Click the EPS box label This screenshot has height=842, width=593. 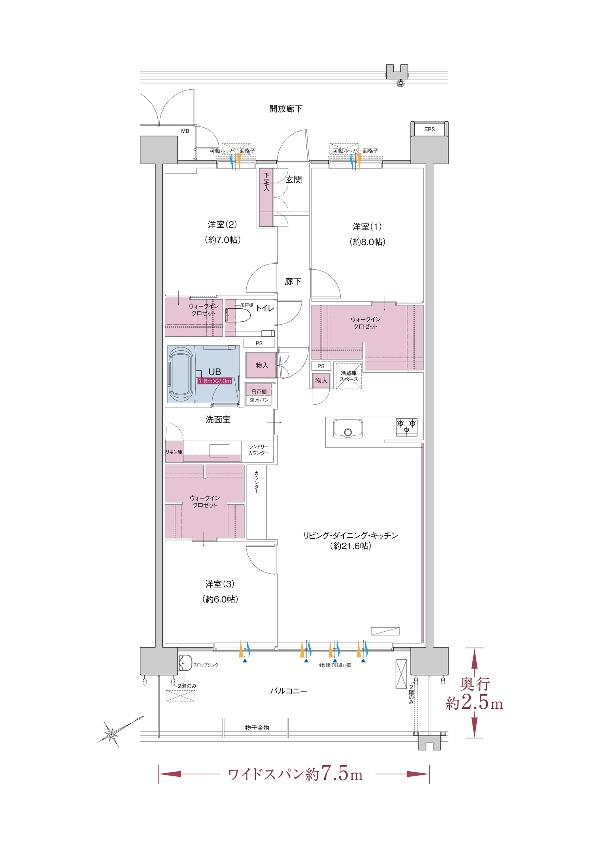429,129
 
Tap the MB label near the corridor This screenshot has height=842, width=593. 185,131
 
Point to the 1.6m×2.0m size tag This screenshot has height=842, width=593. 215,381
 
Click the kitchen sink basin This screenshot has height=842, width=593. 348,429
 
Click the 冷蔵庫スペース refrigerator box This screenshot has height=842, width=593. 349,376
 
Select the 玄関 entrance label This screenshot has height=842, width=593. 294,180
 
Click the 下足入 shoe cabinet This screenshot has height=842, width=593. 266,197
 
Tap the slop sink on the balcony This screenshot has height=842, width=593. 185,663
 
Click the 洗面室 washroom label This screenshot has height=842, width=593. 218,419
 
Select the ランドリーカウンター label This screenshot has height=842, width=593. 259,449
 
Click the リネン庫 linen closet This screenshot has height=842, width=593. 174,452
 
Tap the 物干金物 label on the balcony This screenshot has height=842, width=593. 257,727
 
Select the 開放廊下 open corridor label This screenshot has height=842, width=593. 286,109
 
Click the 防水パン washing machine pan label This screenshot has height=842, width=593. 259,400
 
